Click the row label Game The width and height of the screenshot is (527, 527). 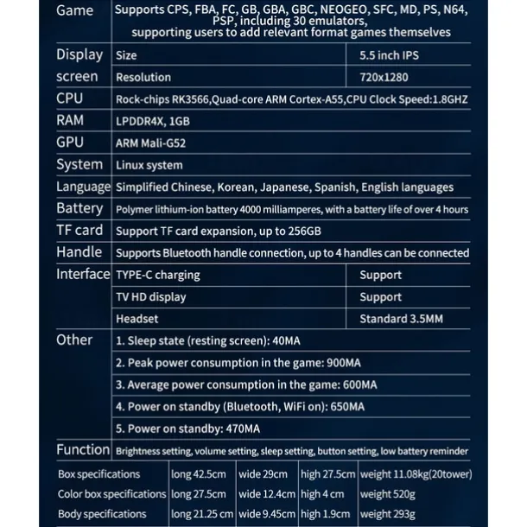(75, 11)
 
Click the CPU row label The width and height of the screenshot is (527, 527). (70, 98)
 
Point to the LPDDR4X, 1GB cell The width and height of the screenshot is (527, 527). (153, 121)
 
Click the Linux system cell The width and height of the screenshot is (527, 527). (149, 165)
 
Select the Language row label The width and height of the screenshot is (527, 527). (83, 187)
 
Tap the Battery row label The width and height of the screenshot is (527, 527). (79, 208)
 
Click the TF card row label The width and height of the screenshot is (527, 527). (79, 230)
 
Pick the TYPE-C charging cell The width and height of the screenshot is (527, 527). (157, 275)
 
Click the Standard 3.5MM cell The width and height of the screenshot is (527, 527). (401, 319)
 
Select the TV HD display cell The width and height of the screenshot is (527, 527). (151, 297)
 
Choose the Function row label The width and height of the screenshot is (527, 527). (83, 450)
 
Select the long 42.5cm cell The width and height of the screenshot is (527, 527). (199, 474)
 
